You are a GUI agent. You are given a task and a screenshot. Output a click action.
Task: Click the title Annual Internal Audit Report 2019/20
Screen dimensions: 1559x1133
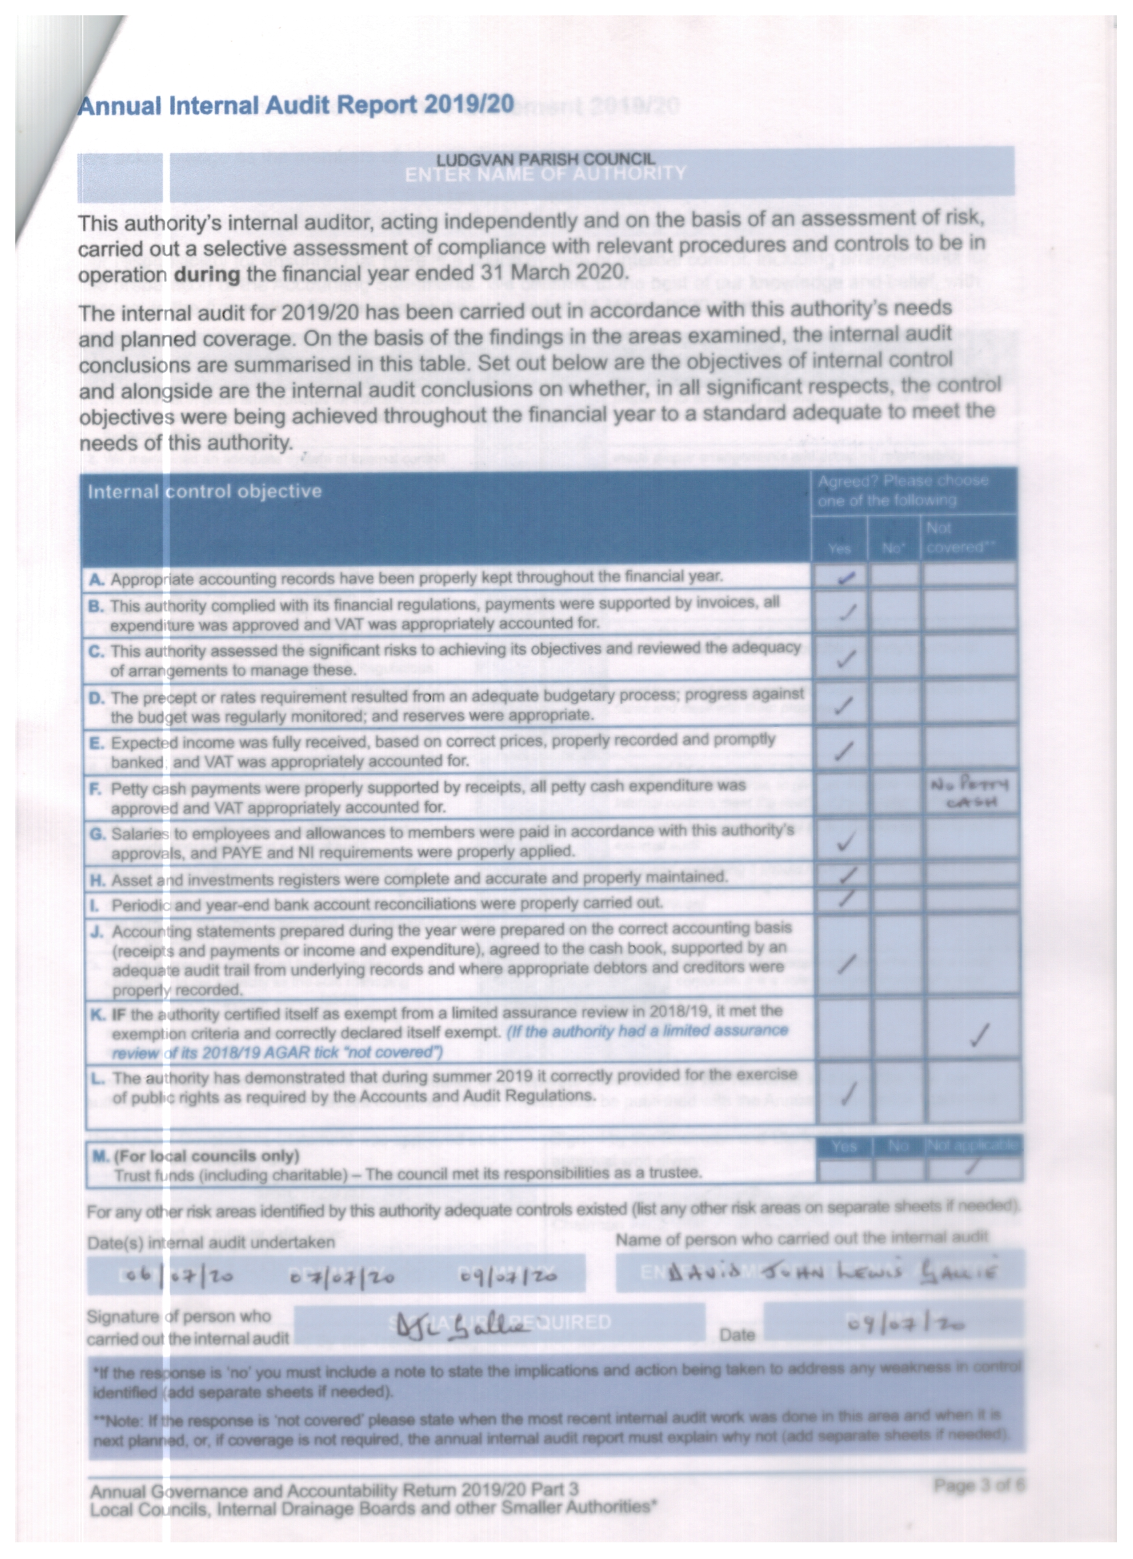click(295, 105)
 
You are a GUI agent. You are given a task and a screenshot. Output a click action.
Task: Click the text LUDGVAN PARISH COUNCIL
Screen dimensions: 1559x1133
click(546, 159)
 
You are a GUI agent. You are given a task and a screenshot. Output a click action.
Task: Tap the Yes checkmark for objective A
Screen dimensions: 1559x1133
click(846, 578)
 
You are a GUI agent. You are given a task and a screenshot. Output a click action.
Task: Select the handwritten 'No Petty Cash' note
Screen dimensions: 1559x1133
click(968, 793)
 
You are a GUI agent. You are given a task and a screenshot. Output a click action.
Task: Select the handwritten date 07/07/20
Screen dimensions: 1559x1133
click(341, 1276)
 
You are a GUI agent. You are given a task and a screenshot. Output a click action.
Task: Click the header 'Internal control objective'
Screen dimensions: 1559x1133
click(204, 491)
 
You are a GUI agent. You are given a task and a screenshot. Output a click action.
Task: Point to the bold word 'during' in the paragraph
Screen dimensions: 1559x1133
click(207, 274)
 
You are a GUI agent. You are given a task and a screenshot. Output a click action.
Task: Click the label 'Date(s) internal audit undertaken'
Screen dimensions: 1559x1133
click(211, 1242)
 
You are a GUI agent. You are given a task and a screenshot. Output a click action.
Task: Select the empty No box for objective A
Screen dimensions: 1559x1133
click(893, 576)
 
